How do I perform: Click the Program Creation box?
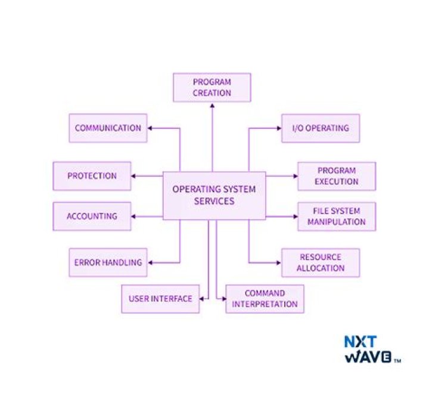point(212,88)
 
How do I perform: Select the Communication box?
point(108,128)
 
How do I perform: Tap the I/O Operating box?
point(321,128)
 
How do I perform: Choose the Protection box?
point(92,176)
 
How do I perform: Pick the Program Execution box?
point(337,176)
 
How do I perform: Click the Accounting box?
point(92,216)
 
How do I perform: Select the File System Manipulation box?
point(337,216)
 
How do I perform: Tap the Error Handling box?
point(108,262)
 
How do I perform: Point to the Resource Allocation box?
point(321,262)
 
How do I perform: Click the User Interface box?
point(160,299)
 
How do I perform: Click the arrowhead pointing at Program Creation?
point(212,105)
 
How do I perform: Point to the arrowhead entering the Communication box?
point(150,128)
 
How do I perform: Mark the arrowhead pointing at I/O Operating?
point(279,128)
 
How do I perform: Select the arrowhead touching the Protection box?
point(134,176)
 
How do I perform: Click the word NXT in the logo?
point(360,342)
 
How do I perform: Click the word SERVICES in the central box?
point(214,202)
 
